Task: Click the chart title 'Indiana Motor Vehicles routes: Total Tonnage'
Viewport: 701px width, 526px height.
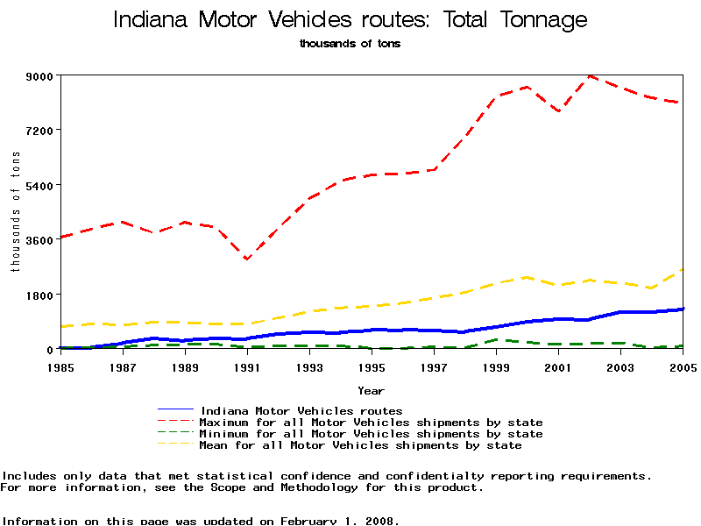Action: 350,19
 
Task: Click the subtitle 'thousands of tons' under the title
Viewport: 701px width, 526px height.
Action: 350,43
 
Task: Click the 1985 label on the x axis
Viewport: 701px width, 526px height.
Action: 60,365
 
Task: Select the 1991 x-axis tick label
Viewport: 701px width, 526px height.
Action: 247,365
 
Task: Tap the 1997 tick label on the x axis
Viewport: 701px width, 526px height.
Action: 434,365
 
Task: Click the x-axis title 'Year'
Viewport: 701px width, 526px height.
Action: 371,389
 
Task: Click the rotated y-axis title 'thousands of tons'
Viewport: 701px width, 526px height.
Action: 16,211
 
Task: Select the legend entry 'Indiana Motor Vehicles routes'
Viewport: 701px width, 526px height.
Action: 301,410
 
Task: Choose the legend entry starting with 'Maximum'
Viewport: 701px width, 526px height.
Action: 372,423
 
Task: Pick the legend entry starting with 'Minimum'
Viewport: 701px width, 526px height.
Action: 372,434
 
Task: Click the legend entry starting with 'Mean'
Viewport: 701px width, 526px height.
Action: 361,445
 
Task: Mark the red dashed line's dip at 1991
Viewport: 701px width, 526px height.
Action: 247,259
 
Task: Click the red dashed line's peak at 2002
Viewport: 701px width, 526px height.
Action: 590,76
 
